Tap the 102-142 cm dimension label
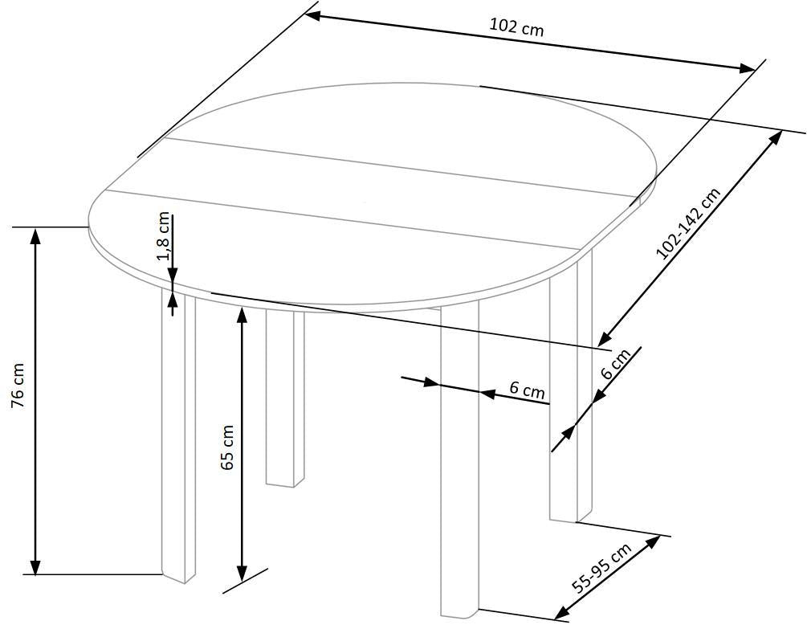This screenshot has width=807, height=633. [x=689, y=223]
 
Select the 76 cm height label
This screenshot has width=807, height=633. [x=18, y=386]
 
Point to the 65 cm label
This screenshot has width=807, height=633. [x=227, y=447]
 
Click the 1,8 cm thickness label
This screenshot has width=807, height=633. [x=164, y=236]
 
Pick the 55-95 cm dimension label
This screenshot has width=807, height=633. [x=601, y=569]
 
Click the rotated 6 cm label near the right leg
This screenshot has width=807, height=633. [x=616, y=364]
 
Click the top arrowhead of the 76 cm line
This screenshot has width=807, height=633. [x=35, y=236]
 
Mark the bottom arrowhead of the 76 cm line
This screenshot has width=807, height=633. [x=35, y=566]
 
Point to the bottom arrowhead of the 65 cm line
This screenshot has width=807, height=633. [x=242, y=572]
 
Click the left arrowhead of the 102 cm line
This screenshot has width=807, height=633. [x=314, y=16]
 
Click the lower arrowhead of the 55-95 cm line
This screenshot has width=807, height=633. [x=562, y=612]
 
